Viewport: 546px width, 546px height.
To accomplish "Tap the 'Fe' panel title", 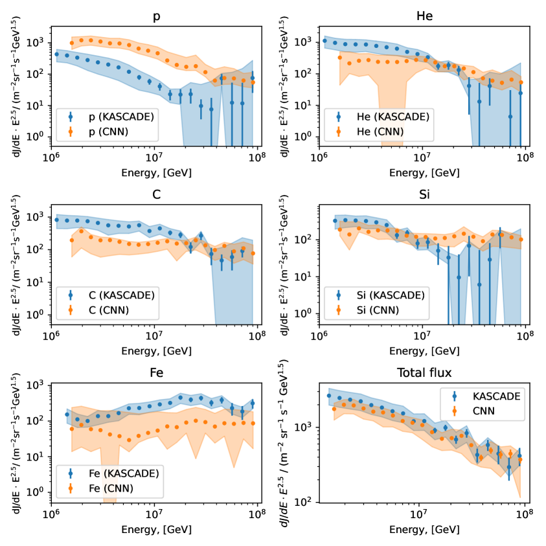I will tap(154, 372).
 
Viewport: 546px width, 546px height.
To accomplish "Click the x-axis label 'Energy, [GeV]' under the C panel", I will tap(154, 351).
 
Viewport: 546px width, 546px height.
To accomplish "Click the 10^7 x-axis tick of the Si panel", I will tap(422, 336).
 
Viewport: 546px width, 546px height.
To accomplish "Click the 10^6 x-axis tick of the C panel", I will tap(51, 336).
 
